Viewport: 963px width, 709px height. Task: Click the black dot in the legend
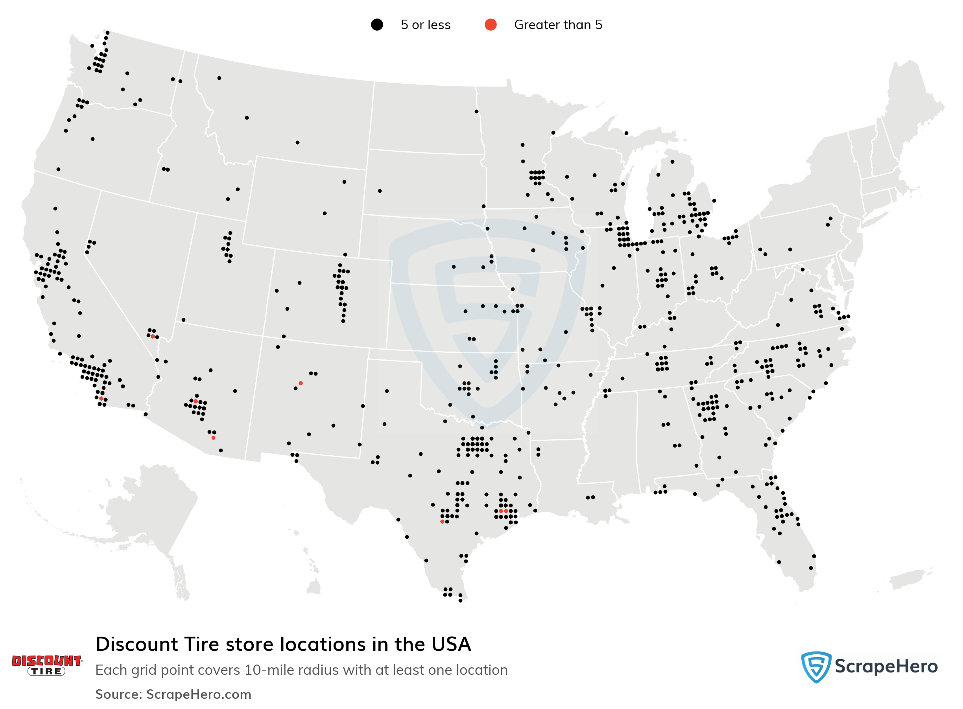376,25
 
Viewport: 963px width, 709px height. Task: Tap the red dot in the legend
490,25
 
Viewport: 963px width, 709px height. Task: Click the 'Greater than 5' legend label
558,25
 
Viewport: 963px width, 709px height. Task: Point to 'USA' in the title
451,644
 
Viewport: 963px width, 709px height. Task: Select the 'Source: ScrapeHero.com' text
173,694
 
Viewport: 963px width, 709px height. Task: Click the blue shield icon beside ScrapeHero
816,667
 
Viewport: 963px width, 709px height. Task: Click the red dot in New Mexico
301,383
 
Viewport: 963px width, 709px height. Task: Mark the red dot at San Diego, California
101,399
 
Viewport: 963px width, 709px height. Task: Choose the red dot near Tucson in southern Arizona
213,438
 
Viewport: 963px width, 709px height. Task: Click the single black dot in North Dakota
476,112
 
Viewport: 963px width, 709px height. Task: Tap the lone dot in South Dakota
380,191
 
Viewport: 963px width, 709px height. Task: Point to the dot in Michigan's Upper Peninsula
626,133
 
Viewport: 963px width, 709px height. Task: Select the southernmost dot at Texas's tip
460,600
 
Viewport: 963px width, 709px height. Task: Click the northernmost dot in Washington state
107,33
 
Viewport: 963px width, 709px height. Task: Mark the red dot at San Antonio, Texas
442,521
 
